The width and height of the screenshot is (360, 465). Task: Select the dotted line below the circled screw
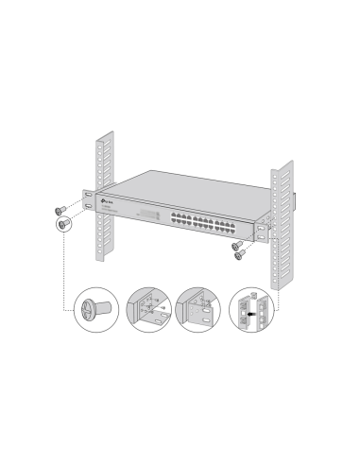tap(64, 274)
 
